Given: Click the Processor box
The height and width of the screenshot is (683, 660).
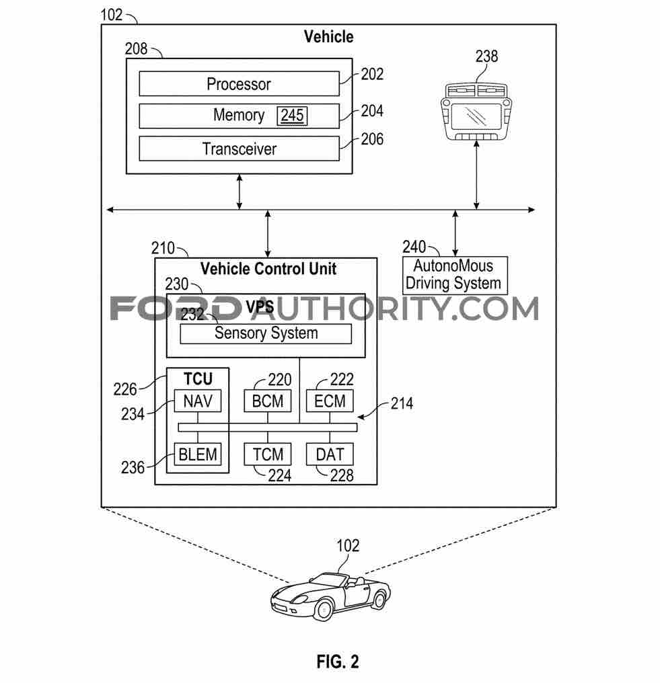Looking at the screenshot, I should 239,84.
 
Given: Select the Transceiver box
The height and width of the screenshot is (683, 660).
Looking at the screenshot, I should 239,149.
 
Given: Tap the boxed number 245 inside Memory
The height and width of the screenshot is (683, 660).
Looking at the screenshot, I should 292,116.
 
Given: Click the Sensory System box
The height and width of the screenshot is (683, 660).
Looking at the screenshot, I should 266,333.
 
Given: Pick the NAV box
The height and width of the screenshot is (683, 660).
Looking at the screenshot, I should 197,402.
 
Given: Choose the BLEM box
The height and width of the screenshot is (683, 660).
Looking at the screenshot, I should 197,454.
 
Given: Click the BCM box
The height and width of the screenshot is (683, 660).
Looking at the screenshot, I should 268,402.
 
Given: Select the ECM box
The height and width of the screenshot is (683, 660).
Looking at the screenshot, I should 330,402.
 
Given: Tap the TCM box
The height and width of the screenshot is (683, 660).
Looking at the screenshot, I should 268,454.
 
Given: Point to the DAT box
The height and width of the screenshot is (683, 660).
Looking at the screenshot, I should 330,454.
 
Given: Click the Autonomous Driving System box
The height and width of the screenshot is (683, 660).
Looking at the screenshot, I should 454,275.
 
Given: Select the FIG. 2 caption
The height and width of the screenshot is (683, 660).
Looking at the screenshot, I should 338,661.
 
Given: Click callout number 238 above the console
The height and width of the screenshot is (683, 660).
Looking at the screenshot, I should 486,56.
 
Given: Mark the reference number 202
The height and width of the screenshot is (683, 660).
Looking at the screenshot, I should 372,74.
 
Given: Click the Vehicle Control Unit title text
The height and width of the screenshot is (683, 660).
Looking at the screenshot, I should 268,269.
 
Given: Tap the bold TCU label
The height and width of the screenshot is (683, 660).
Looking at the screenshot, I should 198,377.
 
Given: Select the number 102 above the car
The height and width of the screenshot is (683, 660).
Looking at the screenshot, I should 348,545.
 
